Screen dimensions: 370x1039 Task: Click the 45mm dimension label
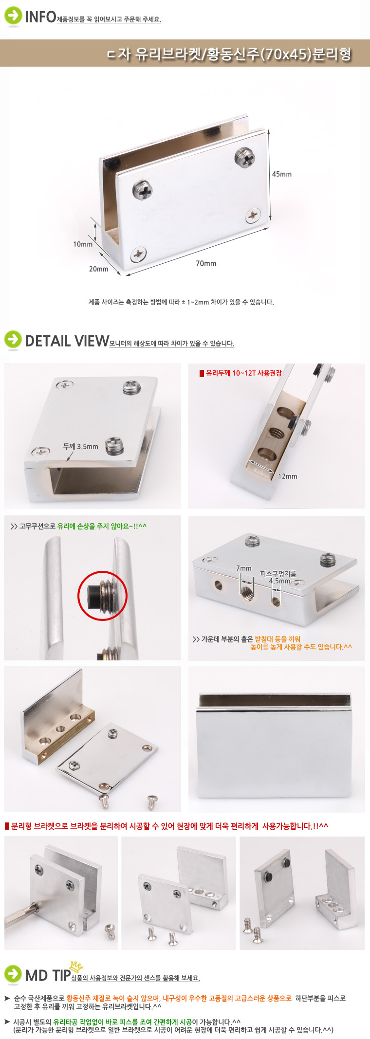pos(281,174)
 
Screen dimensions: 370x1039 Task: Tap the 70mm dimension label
pos(206,263)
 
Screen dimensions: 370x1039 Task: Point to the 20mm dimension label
pos(98,269)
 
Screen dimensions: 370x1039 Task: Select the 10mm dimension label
pos(83,244)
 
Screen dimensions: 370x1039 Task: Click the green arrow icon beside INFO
pos(13,16)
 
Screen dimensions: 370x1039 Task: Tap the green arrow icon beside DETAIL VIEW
pos(13,340)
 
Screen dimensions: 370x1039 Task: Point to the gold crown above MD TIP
pos(76,966)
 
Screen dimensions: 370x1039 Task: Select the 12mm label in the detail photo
pos(288,476)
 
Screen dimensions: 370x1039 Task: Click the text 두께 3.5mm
pos(80,446)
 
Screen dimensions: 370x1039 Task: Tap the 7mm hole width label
pos(243,568)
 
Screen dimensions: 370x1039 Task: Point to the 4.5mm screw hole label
pos(279,581)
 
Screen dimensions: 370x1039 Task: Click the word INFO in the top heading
pos(40,17)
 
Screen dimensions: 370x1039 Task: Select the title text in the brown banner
pos(229,54)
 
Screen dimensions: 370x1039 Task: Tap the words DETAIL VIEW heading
pos(67,341)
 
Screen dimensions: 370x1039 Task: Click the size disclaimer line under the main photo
pos(181,302)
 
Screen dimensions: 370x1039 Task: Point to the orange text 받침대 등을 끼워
pos(277,639)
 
